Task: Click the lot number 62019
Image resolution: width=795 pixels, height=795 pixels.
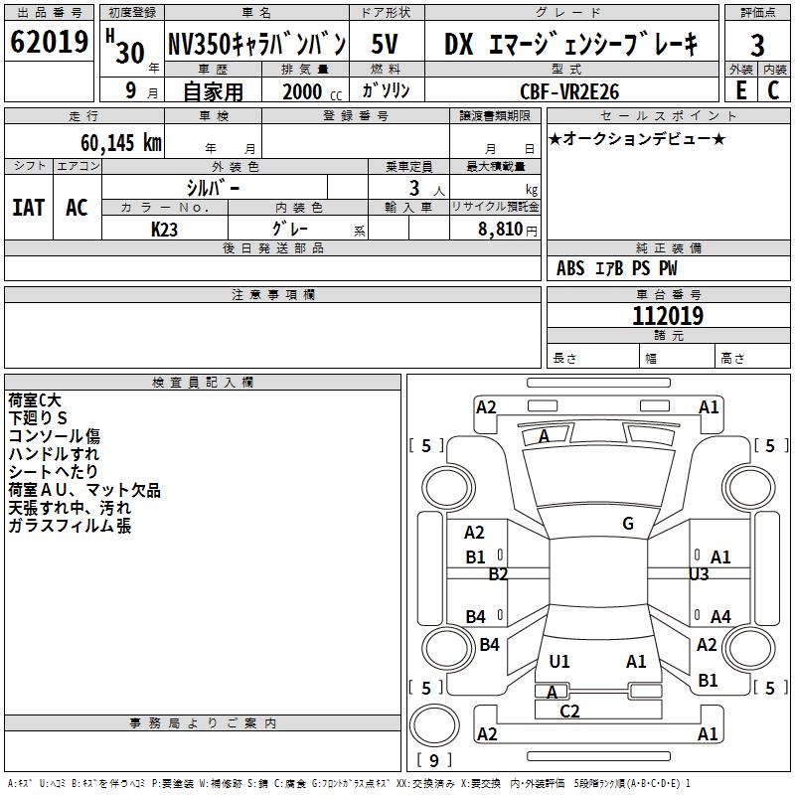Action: [49, 43]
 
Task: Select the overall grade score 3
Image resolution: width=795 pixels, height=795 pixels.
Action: [757, 45]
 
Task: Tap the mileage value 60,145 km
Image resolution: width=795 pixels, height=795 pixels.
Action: [120, 143]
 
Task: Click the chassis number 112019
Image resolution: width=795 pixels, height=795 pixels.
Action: [668, 316]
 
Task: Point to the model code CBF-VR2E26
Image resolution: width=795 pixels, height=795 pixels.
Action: [569, 91]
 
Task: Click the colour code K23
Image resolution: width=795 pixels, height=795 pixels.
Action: [165, 229]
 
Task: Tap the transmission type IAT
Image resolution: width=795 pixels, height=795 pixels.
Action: [28, 208]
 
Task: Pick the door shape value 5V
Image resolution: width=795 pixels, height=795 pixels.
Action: [386, 44]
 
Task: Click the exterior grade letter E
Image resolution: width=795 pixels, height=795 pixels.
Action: [740, 90]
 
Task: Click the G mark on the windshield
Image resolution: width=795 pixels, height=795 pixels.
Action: [628, 524]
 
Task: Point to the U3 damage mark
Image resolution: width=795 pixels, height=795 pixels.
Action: [699, 574]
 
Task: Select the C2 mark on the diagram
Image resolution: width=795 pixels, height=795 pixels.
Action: [569, 711]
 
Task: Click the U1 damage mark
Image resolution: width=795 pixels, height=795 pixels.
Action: [559, 661]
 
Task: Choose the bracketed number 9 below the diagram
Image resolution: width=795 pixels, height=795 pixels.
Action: [433, 761]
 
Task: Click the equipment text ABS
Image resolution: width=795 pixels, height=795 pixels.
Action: [570, 268]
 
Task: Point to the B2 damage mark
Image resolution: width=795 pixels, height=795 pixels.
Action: [498, 574]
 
